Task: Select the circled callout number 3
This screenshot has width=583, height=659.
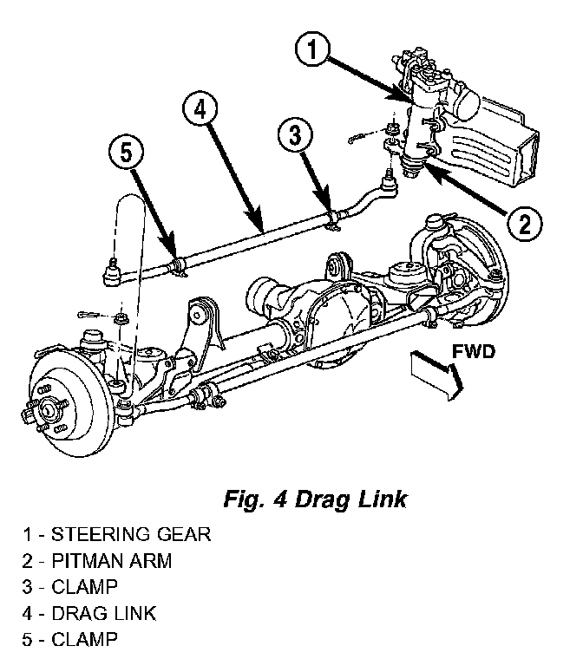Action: [295, 136]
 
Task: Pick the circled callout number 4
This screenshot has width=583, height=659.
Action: [200, 110]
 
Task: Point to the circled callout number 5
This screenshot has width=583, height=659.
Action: [126, 152]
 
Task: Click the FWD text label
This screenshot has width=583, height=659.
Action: [474, 352]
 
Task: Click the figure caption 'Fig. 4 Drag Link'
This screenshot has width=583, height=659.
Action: [315, 499]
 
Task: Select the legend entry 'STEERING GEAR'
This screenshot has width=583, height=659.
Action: [131, 535]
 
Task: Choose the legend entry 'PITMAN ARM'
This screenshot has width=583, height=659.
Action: [111, 561]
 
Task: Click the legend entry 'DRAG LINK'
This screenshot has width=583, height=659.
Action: [103, 614]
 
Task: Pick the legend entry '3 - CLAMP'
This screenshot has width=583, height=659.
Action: [69, 587]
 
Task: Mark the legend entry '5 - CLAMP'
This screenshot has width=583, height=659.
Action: [69, 640]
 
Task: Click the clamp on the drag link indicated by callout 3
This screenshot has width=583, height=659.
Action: [333, 219]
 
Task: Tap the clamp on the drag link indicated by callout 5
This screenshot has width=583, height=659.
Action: [180, 268]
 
